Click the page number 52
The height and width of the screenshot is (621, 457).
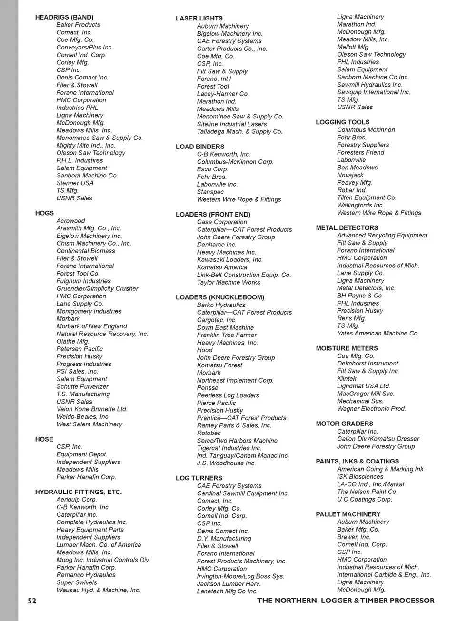[32, 601]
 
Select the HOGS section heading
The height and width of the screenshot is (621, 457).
[44, 213]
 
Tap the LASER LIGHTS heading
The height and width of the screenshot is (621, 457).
[199, 19]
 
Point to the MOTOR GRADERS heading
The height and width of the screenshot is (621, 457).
[344, 424]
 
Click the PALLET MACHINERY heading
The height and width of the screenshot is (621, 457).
[348, 514]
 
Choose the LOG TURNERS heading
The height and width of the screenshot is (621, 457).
[199, 478]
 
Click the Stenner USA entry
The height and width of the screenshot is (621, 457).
[75, 183]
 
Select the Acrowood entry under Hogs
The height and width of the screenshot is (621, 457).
[70, 221]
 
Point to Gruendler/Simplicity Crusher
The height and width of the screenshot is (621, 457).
[97, 288]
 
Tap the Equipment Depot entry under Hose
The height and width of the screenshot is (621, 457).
[81, 454]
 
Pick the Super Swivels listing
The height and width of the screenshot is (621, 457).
[77, 582]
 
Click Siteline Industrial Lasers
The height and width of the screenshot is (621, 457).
[232, 124]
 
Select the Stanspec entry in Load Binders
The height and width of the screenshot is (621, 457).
[210, 192]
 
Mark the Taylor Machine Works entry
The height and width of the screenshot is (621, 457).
[228, 282]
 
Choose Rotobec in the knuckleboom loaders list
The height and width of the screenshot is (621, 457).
[209, 433]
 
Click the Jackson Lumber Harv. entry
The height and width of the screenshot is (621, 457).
[228, 584]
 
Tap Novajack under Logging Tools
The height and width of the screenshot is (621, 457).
[350, 175]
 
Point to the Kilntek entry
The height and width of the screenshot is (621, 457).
[347, 379]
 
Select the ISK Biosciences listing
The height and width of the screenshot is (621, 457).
[360, 477]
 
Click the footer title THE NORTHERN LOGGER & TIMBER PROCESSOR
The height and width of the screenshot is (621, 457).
[346, 601]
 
